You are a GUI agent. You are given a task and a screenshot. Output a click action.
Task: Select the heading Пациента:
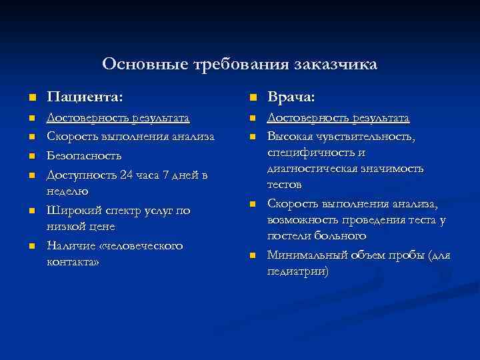pyautogui.click(x=84, y=98)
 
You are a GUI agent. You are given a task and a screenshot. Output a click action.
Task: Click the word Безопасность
pyautogui.click(x=85, y=156)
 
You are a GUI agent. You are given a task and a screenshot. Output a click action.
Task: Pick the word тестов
pyautogui.click(x=285, y=184)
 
